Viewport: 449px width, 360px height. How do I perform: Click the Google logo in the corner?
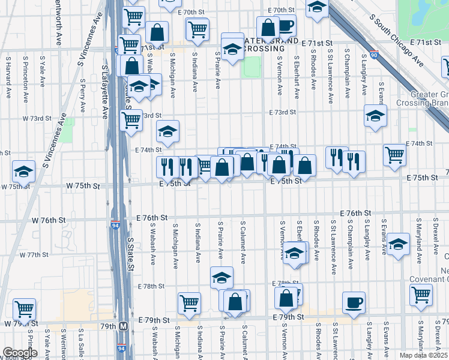(x=19, y=353)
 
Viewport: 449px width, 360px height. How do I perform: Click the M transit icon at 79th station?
(x=124, y=326)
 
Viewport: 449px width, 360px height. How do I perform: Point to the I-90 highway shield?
(x=375, y=55)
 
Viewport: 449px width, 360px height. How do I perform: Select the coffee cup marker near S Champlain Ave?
(x=354, y=302)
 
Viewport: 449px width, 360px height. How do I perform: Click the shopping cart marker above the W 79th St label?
(x=24, y=309)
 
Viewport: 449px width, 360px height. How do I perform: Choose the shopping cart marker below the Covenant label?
(x=421, y=294)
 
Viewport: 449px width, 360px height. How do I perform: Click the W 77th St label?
(x=34, y=254)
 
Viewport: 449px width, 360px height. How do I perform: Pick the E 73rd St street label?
(x=283, y=112)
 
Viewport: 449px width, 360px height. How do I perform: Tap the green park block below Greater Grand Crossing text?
(x=252, y=67)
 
